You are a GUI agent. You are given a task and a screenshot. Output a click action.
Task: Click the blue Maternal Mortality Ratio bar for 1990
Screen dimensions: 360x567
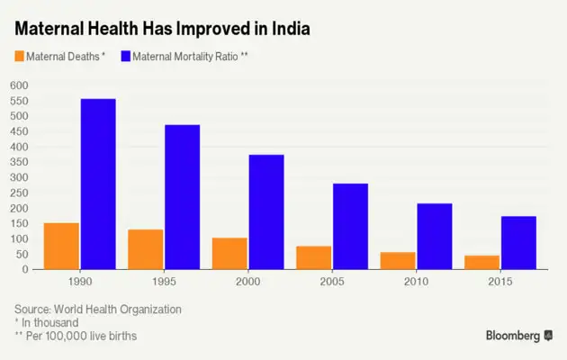[98, 184]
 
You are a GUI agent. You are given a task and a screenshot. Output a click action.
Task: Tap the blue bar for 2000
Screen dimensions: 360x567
[266, 211]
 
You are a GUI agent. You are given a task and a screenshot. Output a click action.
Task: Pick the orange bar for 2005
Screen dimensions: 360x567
[314, 257]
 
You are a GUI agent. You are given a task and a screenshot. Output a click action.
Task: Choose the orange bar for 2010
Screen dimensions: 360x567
[398, 260]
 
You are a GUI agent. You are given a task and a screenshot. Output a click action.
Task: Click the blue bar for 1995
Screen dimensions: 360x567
[182, 196]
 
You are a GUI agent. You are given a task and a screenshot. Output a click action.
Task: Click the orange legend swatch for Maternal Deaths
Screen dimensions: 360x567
[19, 57]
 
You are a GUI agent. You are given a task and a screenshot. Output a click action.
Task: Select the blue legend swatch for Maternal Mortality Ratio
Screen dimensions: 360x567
[124, 57]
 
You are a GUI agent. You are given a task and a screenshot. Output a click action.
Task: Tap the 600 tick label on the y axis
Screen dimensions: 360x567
[19, 85]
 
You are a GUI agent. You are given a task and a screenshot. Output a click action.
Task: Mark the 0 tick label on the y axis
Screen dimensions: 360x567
[26, 269]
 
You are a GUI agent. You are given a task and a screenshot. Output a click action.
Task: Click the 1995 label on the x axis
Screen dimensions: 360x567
[163, 283]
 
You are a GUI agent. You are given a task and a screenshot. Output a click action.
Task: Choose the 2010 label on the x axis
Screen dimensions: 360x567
[415, 283]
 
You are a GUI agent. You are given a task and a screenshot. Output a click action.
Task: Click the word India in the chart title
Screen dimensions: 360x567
[287, 29]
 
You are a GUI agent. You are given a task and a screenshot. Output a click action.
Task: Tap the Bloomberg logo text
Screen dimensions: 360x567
[513, 336]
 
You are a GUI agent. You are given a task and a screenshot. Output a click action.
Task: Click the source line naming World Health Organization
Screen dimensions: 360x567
[98, 309]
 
